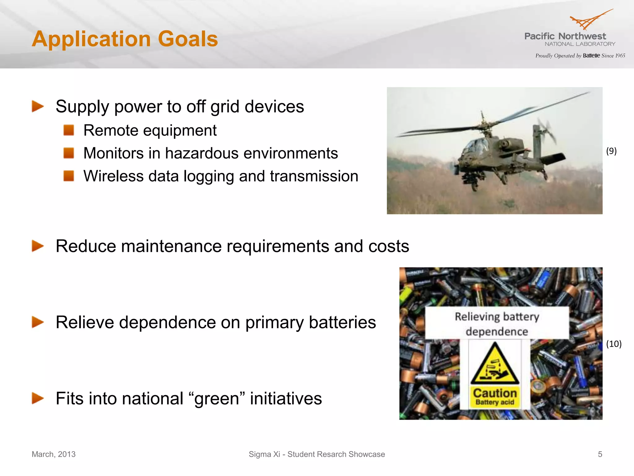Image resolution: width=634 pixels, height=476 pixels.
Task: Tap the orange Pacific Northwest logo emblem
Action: (588, 20)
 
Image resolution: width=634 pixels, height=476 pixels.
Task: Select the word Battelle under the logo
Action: (591, 56)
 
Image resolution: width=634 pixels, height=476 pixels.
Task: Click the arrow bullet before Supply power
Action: (38, 106)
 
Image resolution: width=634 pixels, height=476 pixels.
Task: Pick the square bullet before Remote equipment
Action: (69, 130)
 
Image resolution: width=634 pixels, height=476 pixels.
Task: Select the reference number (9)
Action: (611, 151)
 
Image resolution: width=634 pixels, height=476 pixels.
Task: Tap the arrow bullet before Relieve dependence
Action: (38, 322)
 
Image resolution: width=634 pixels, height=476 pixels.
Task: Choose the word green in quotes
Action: (217, 399)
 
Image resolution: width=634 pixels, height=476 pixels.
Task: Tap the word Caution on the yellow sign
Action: (495, 393)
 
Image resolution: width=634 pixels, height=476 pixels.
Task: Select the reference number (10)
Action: (614, 344)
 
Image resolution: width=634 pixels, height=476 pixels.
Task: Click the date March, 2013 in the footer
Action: (54, 454)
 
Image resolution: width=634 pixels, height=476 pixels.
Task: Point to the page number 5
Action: (600, 454)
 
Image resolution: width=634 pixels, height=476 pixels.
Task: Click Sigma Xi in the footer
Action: (264, 454)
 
